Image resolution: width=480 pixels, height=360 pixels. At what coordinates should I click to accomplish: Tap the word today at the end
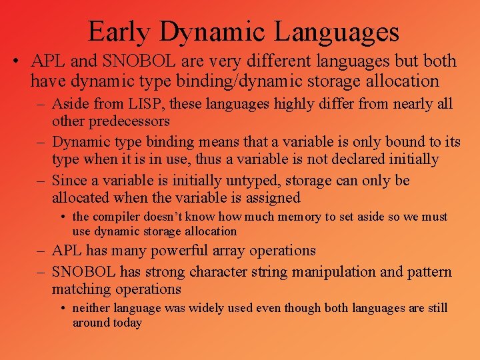127,323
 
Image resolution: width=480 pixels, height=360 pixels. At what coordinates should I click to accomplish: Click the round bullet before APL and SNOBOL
15,62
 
